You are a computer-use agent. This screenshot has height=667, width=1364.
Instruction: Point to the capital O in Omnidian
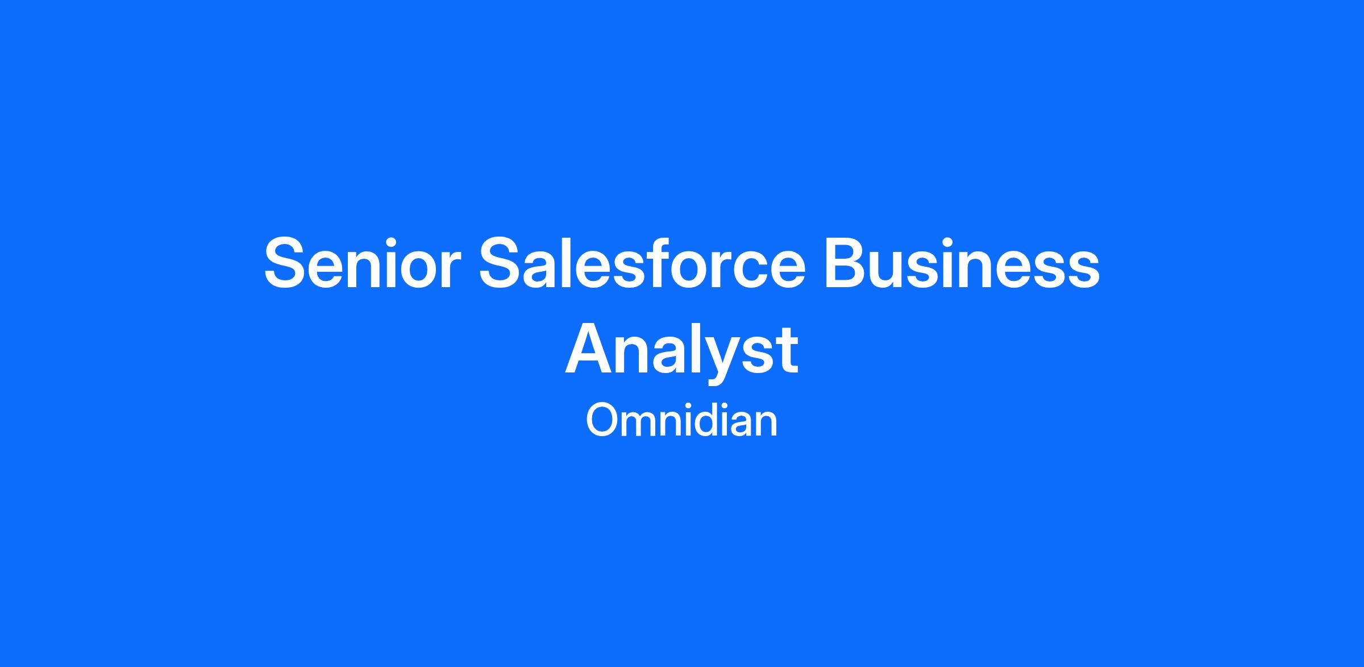pyautogui.click(x=602, y=421)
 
